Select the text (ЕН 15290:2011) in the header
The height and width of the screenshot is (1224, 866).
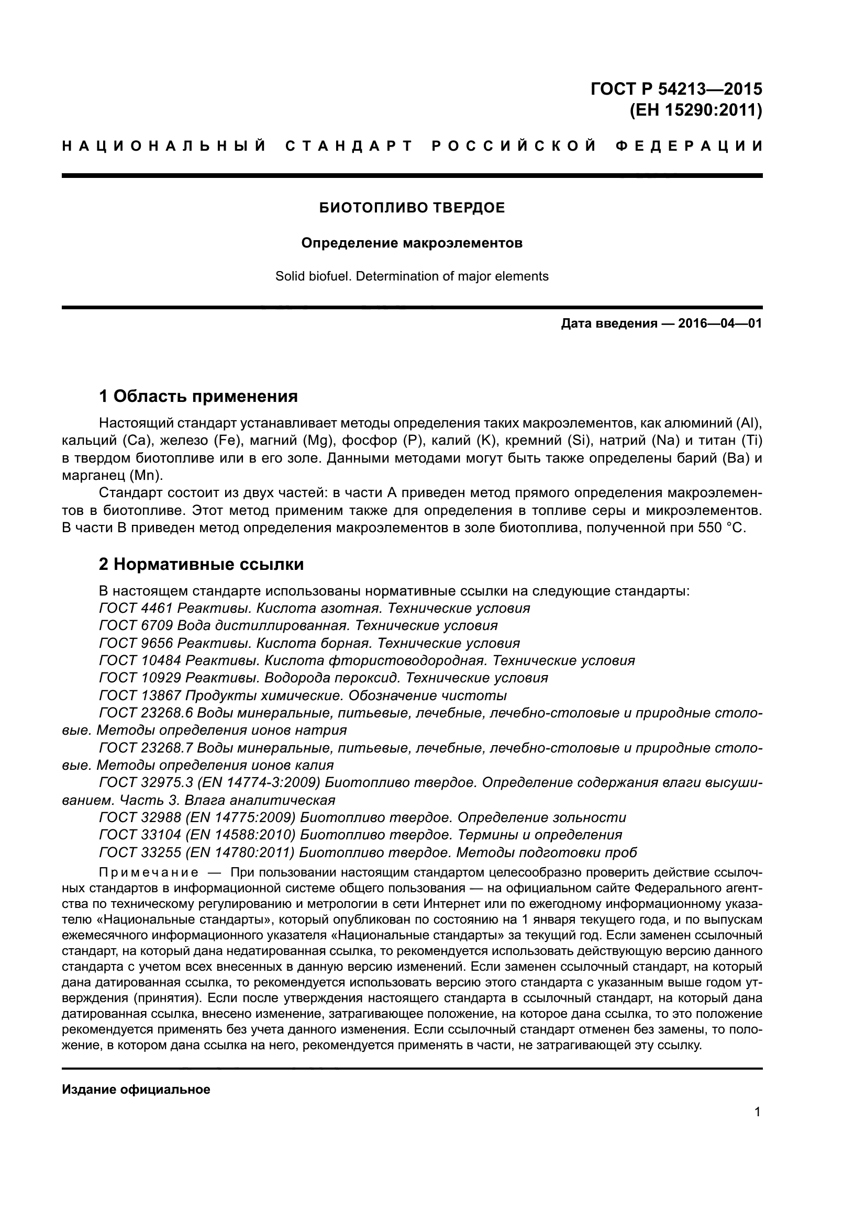click(695, 111)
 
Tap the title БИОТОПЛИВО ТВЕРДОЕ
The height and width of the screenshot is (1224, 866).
click(412, 208)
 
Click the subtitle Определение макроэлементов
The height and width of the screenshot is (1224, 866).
click(412, 244)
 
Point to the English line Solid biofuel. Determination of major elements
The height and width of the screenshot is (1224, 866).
click(412, 276)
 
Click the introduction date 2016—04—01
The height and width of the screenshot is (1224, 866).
click(720, 323)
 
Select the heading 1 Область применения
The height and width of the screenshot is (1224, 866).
click(198, 396)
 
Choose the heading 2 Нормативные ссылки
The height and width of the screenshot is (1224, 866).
click(201, 564)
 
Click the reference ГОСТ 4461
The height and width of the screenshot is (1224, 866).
click(136, 608)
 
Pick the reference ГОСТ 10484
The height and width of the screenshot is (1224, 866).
click(140, 660)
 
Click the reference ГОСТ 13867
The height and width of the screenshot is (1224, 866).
click(140, 695)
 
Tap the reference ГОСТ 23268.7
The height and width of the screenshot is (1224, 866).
click(146, 748)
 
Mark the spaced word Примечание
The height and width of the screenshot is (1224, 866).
click(149, 873)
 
